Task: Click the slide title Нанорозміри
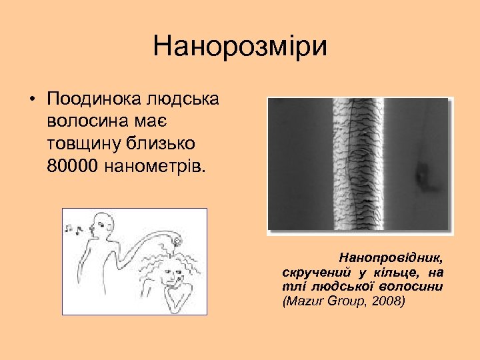pyautogui.click(x=240, y=47)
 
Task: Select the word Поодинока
pyautogui.click(x=91, y=99)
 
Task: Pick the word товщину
pyautogui.click(x=85, y=143)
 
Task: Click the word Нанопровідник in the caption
pyautogui.click(x=392, y=257)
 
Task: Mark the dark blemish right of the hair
pyautogui.click(x=422, y=174)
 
